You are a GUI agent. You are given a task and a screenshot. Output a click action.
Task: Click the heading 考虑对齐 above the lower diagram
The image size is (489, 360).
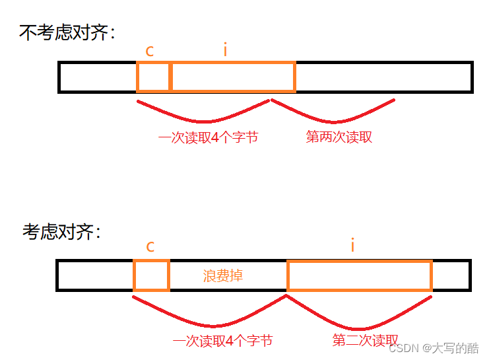pos(62,232)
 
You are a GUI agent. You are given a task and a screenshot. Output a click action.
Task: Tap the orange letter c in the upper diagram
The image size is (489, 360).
pos(150,52)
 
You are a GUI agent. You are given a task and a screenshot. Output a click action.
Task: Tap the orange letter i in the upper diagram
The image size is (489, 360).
pos(225,50)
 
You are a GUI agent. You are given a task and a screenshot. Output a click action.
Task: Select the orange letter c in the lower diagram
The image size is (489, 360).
pos(150,247)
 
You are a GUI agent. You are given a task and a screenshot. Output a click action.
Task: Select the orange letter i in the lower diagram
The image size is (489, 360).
pos(353,246)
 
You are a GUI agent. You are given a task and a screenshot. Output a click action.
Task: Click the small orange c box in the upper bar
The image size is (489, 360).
pos(154,77)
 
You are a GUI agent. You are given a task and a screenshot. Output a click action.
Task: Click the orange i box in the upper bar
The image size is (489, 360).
pos(233,77)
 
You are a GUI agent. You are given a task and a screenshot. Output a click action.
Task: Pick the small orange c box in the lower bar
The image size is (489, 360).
pos(151,275)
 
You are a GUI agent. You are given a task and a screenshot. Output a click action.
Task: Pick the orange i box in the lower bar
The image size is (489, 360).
pos(360,275)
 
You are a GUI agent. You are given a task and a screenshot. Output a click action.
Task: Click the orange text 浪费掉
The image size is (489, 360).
pos(223,275)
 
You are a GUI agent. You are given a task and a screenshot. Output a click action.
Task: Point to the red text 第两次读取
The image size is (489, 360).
pos(339,137)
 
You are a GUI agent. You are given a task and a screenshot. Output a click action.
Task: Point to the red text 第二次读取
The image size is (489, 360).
pos(365,340)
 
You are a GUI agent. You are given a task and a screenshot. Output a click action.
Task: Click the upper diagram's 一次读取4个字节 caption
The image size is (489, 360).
pos(208,138)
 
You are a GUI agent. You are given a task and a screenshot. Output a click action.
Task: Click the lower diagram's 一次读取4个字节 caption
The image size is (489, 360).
pos(222,341)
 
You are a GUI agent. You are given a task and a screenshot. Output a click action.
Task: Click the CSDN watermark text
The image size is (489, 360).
pos(434,348)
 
